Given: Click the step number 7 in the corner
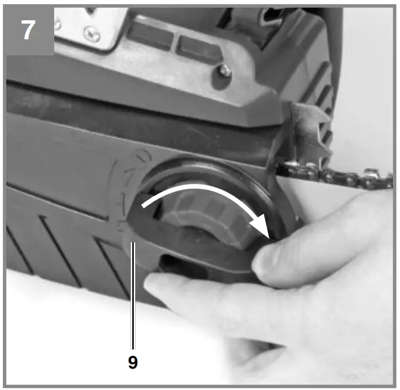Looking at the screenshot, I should [x=27, y=30].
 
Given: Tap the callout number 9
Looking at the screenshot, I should [x=133, y=363].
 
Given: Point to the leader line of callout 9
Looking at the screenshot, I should [x=133, y=298].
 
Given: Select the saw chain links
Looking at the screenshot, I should [x=333, y=176].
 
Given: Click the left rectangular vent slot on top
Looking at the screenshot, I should [x=148, y=35].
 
